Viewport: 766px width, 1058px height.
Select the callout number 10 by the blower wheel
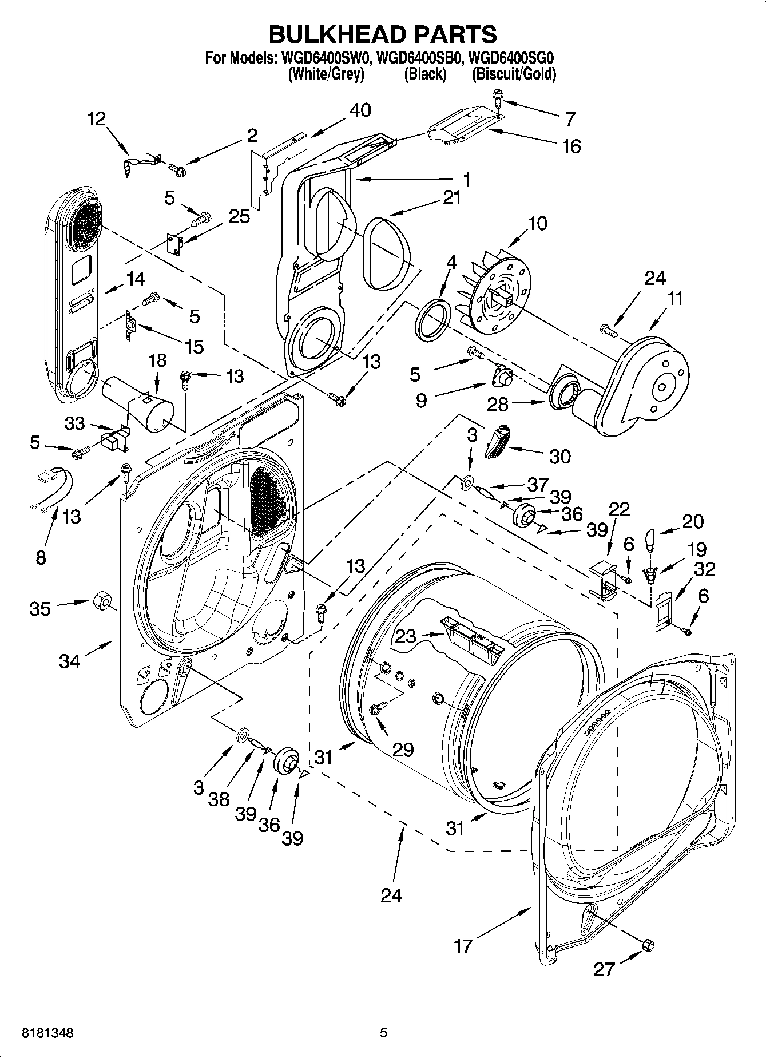(x=537, y=223)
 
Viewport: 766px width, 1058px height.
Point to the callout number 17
(x=463, y=946)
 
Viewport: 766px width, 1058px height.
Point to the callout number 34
(x=70, y=661)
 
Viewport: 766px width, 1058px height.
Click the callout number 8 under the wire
(x=40, y=557)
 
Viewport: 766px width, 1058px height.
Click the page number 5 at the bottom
(x=384, y=1033)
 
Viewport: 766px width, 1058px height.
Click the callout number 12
(x=97, y=118)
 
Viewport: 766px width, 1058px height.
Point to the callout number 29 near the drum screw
(x=403, y=749)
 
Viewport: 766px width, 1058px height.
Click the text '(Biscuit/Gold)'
(x=513, y=74)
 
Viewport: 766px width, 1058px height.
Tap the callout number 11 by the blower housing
(x=675, y=298)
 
